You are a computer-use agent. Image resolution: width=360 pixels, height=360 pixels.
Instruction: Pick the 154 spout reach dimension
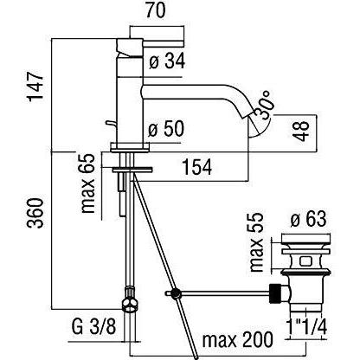tap(201, 169)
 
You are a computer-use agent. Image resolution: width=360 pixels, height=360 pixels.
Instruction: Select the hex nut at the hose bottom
tap(131, 303)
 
